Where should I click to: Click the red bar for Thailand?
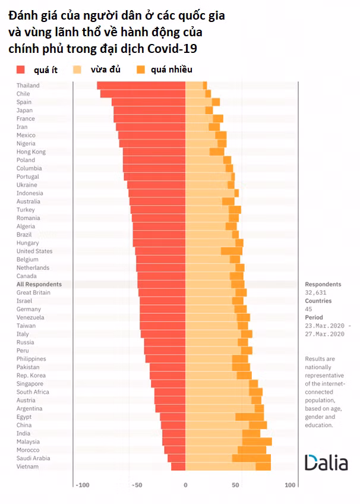click(141, 86)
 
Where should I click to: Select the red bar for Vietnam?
click(178, 467)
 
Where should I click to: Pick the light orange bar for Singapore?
click(217, 384)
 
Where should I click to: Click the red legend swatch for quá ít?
click(20, 70)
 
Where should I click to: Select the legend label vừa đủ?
click(105, 70)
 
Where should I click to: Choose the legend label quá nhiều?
click(171, 70)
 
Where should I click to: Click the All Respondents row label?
click(39, 284)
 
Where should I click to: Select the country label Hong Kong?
click(31, 152)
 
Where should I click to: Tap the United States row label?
click(34, 251)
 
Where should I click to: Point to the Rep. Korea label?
click(32, 376)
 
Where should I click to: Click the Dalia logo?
click(326, 463)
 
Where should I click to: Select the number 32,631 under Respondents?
click(317, 292)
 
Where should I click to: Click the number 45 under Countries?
click(309, 309)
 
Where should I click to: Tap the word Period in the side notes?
click(315, 317)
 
